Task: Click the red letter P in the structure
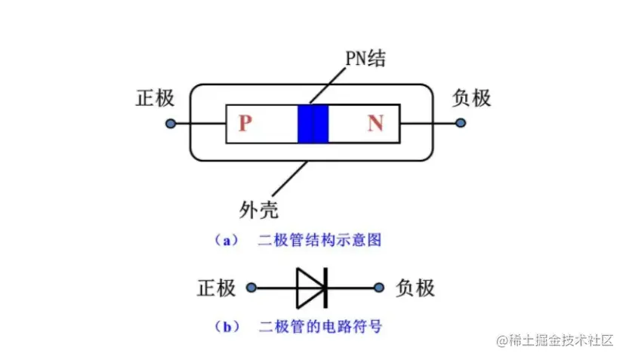(244, 123)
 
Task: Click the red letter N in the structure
(375, 123)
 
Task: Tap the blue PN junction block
(313, 123)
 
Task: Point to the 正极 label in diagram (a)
(155, 98)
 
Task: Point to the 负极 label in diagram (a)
(471, 98)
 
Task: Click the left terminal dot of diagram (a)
(171, 123)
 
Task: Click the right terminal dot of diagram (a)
(461, 123)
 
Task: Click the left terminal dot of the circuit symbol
(251, 288)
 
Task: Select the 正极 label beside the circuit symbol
(217, 288)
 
